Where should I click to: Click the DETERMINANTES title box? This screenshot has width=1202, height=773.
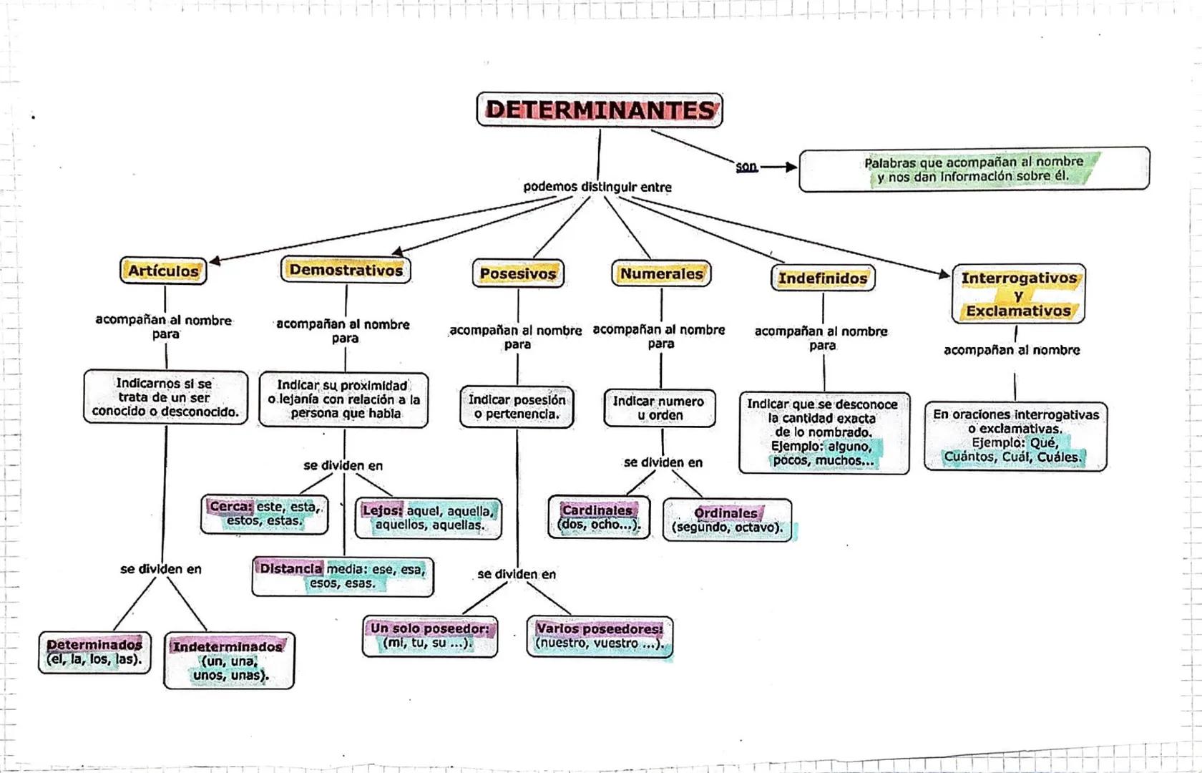point(600,110)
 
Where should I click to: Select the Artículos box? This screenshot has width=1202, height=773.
point(163,271)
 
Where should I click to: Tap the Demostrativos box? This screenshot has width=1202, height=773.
point(346,270)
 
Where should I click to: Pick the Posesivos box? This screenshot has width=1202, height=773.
point(518,273)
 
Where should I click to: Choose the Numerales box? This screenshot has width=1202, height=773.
point(661,273)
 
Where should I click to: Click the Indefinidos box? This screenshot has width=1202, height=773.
point(823,278)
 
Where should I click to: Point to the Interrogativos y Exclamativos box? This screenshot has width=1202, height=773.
point(1018,294)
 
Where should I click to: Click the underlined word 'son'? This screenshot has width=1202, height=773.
point(746,167)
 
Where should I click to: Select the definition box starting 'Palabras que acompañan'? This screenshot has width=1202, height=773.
point(974,170)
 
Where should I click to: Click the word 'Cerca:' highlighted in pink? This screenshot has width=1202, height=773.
point(231,507)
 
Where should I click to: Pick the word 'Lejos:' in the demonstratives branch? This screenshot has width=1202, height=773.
point(382,511)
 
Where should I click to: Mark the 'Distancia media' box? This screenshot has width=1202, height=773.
point(343,576)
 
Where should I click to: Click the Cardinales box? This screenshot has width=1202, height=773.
point(599,517)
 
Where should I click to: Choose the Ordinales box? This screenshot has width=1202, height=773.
point(727,520)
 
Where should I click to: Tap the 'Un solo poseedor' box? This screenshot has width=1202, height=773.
point(429,636)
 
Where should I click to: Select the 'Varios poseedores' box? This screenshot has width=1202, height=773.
point(600,636)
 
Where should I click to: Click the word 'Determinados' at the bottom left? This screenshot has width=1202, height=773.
point(94,645)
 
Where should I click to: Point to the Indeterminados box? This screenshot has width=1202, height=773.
point(228,661)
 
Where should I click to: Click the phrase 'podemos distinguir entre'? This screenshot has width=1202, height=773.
point(597,187)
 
